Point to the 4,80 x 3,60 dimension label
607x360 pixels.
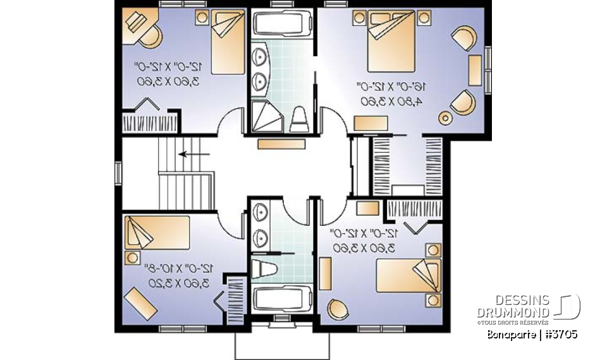click(x=382, y=101)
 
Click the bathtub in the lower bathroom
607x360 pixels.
click(x=282, y=299)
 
